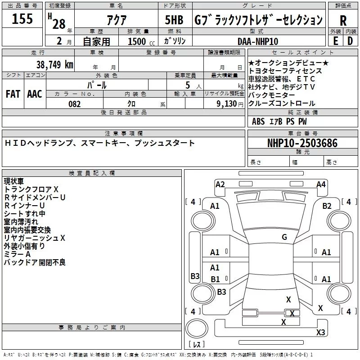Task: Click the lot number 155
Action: click(22, 19)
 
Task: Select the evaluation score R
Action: click(343, 20)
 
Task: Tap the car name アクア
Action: click(116, 20)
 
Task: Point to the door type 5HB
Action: click(175, 20)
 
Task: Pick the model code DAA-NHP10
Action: click(258, 41)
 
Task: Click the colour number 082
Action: click(74, 104)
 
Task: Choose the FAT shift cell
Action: click(13, 94)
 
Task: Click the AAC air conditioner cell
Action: click(35, 94)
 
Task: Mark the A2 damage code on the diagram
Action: click(220, 184)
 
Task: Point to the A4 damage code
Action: click(321, 184)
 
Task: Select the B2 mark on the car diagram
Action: click(327, 206)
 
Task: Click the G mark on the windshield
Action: click(284, 237)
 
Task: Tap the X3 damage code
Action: click(320, 333)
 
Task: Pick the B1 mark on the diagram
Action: click(215, 279)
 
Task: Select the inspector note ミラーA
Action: click(17, 254)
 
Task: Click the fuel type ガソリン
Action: click(175, 41)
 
